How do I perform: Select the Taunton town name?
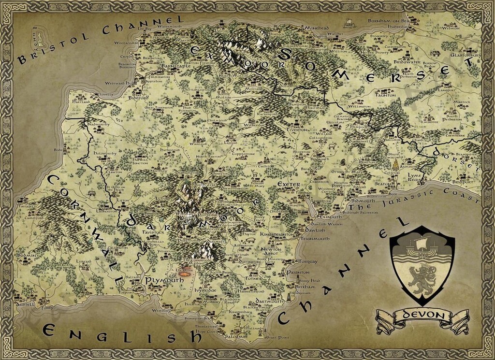(385, 95)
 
